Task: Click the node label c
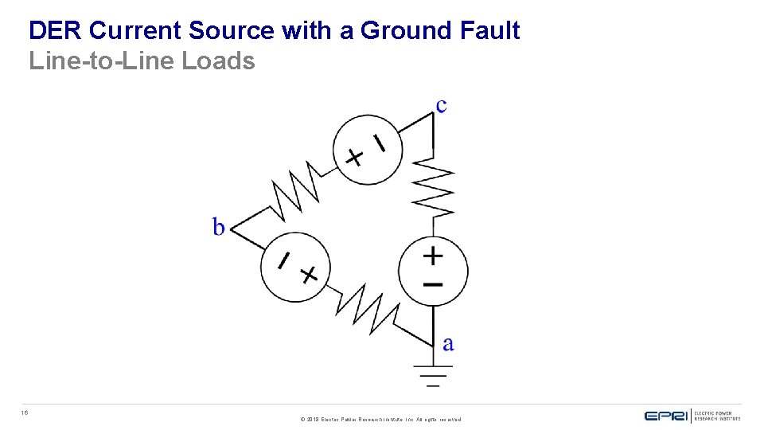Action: click(441, 105)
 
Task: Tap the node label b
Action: click(219, 228)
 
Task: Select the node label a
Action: click(448, 344)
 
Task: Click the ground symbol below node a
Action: click(433, 375)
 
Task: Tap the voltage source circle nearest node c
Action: click(367, 150)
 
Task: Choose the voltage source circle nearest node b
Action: click(294, 267)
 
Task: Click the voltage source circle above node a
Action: click(433, 270)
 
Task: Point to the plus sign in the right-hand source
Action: click(433, 256)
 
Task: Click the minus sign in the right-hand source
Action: click(433, 284)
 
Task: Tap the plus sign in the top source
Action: click(354, 157)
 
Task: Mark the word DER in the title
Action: click(57, 31)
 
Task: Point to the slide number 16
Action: click(25, 412)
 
